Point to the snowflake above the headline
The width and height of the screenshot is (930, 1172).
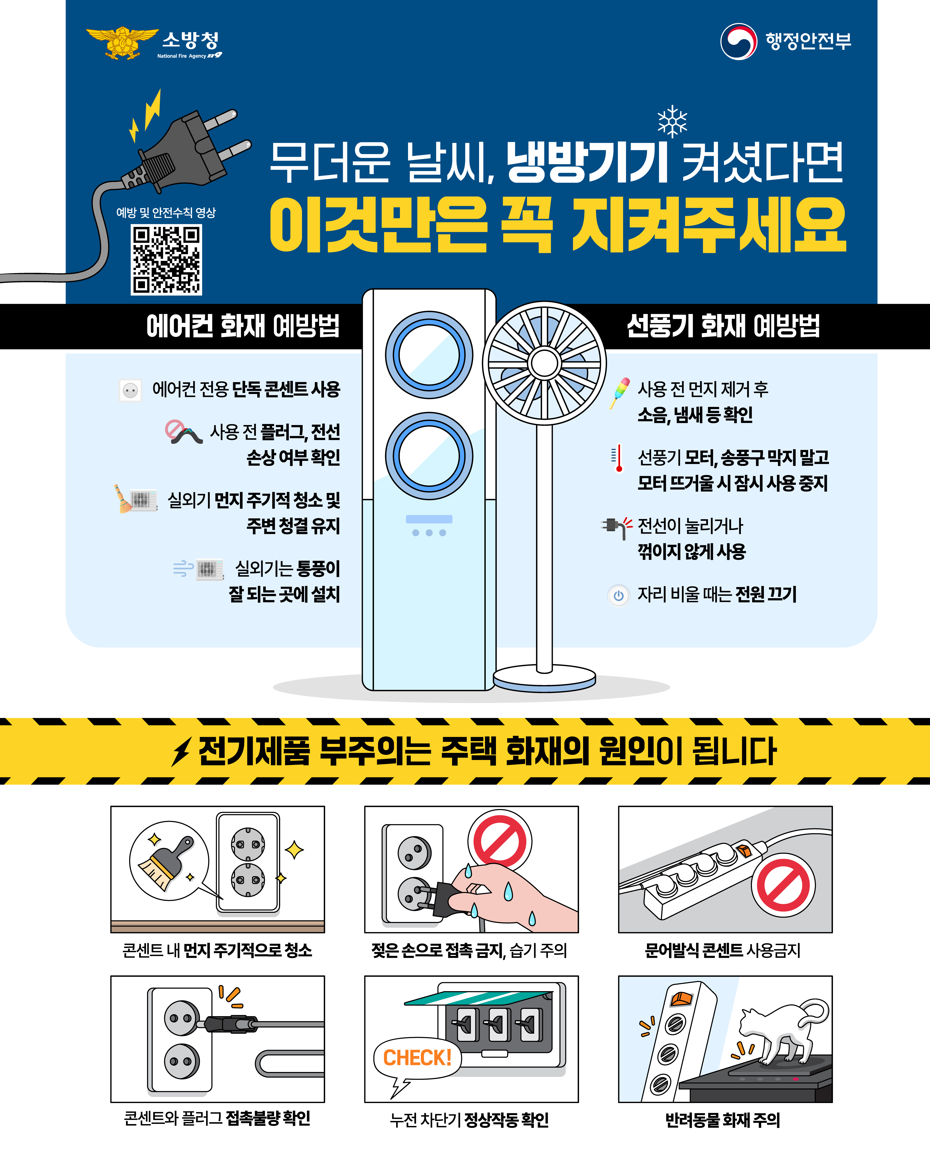(672, 121)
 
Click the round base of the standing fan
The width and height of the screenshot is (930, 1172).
(544, 679)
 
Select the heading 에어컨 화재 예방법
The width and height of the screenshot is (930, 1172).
(243, 326)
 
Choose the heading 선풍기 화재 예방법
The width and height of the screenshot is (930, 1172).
(723, 326)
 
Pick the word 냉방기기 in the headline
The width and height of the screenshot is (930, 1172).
(587, 162)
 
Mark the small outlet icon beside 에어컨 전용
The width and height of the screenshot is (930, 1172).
(130, 390)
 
